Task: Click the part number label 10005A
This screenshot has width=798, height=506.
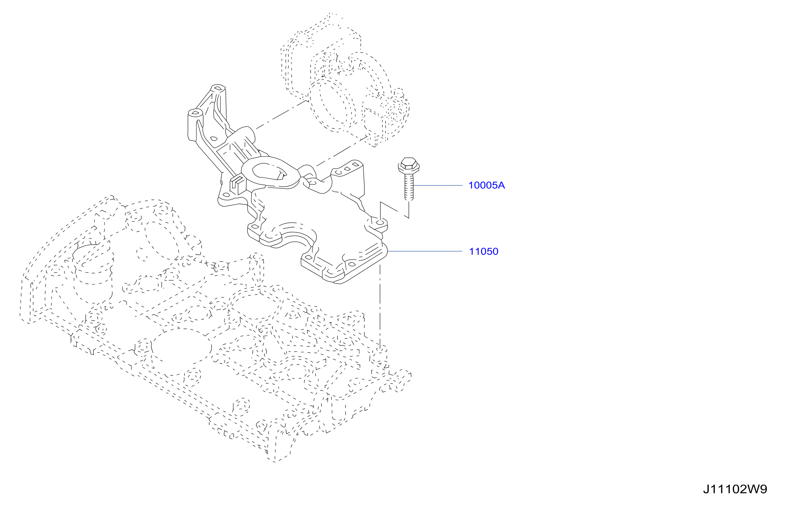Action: coord(486,185)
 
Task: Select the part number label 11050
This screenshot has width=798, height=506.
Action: coord(483,252)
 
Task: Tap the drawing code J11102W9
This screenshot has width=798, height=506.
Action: coord(735,489)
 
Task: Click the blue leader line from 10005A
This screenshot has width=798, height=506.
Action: coord(438,185)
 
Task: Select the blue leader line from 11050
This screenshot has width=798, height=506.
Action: coord(425,251)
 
